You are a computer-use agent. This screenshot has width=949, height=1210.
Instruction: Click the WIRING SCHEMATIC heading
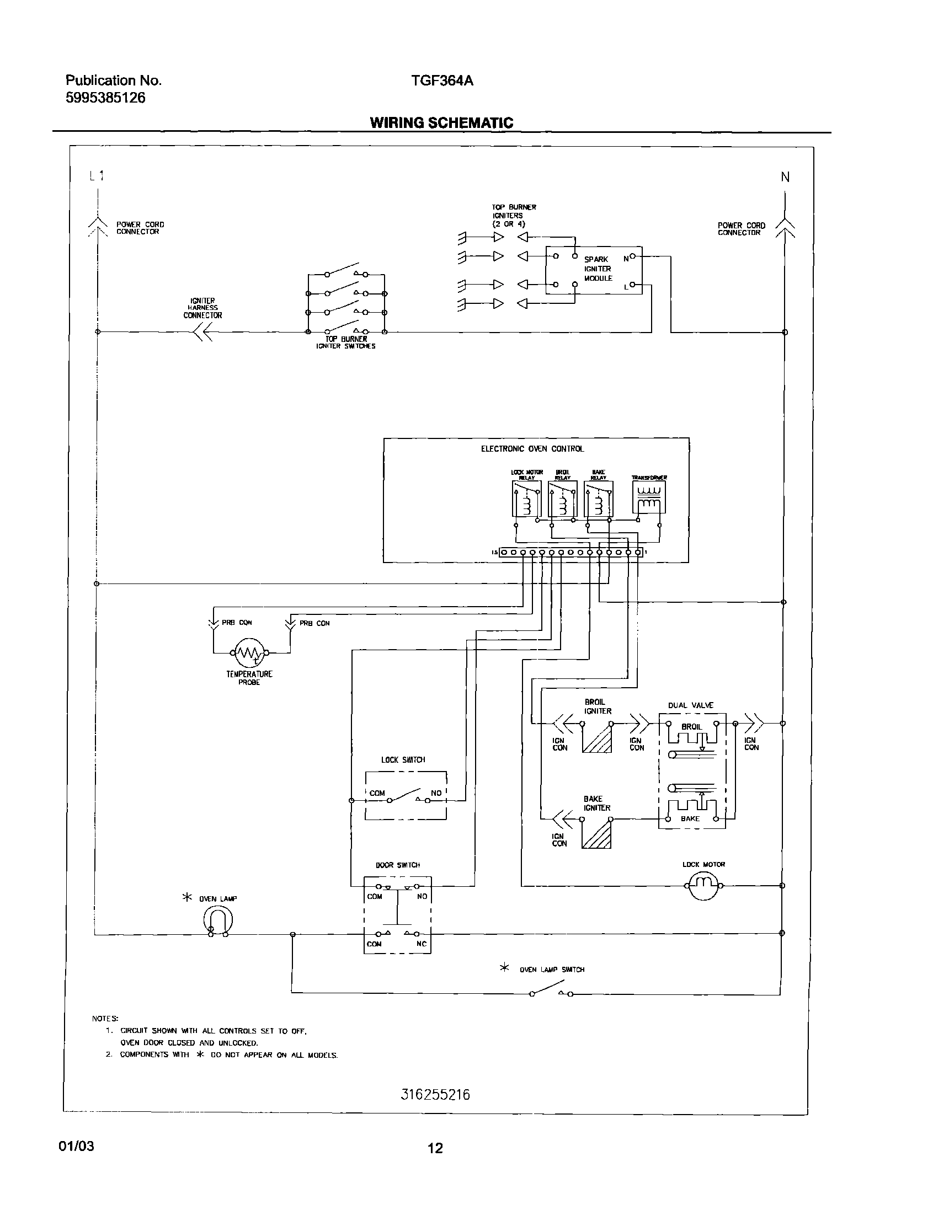pos(441,123)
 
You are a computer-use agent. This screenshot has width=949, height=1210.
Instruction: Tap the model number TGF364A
pos(442,81)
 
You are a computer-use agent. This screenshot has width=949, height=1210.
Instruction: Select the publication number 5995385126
pos(105,98)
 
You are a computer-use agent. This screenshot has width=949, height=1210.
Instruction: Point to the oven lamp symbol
pos(217,920)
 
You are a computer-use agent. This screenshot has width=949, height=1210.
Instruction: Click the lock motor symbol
pos(703,885)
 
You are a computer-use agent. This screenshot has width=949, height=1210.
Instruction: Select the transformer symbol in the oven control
pos(648,497)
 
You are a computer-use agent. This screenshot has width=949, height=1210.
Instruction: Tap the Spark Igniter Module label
pos(598,269)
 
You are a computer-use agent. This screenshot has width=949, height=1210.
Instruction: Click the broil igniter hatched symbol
pos(597,738)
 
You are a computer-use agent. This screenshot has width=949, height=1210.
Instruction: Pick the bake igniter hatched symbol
pos(596,834)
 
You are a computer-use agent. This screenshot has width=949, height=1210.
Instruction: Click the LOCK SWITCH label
pos(403,759)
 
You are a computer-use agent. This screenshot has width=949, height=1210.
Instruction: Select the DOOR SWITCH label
pos(398,865)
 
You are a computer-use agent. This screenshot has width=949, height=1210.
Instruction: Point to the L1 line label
pos(97,176)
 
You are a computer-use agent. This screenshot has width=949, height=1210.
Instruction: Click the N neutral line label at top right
pos(785,177)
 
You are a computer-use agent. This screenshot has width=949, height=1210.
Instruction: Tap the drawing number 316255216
pos(435,1095)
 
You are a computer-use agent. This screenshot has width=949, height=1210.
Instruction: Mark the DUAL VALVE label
pos(690,705)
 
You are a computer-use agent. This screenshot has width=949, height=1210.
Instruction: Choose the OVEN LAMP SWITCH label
pos(552,970)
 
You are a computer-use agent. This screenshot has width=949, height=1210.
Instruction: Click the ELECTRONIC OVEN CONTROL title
pos(532,449)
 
